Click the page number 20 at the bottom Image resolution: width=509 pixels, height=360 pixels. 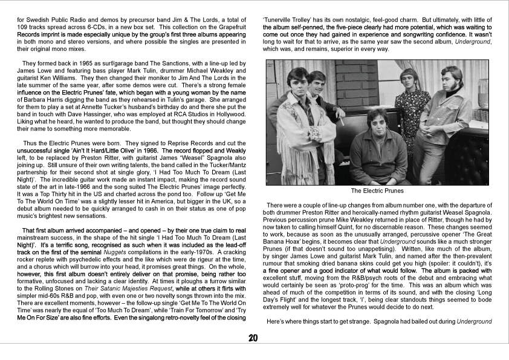[254, 338]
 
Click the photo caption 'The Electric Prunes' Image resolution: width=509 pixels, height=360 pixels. [377, 191]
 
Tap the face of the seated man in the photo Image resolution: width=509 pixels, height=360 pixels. [377, 120]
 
